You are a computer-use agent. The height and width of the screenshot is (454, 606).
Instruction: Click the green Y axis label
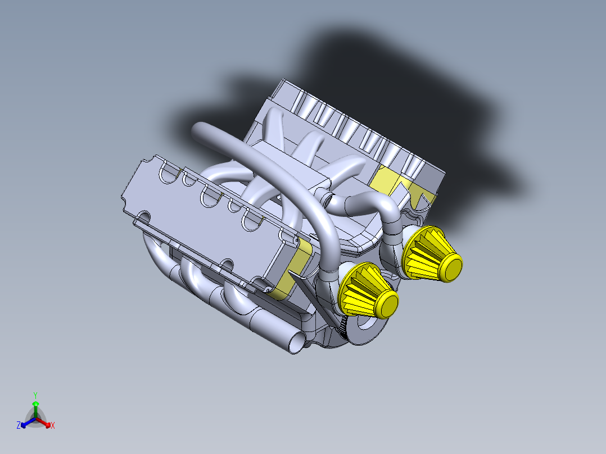pos(35,394)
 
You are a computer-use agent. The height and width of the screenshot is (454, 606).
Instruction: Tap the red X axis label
pos(53,426)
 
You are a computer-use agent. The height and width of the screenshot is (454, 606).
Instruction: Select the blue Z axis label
pos(19,426)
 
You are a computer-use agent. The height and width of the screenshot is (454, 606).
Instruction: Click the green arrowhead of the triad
pos(35,404)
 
